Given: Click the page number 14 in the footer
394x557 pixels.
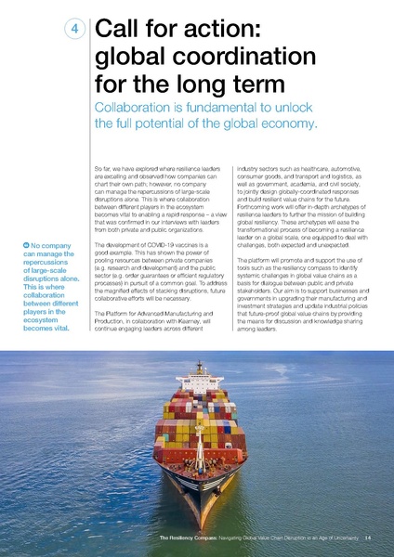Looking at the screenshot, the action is [368, 538].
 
